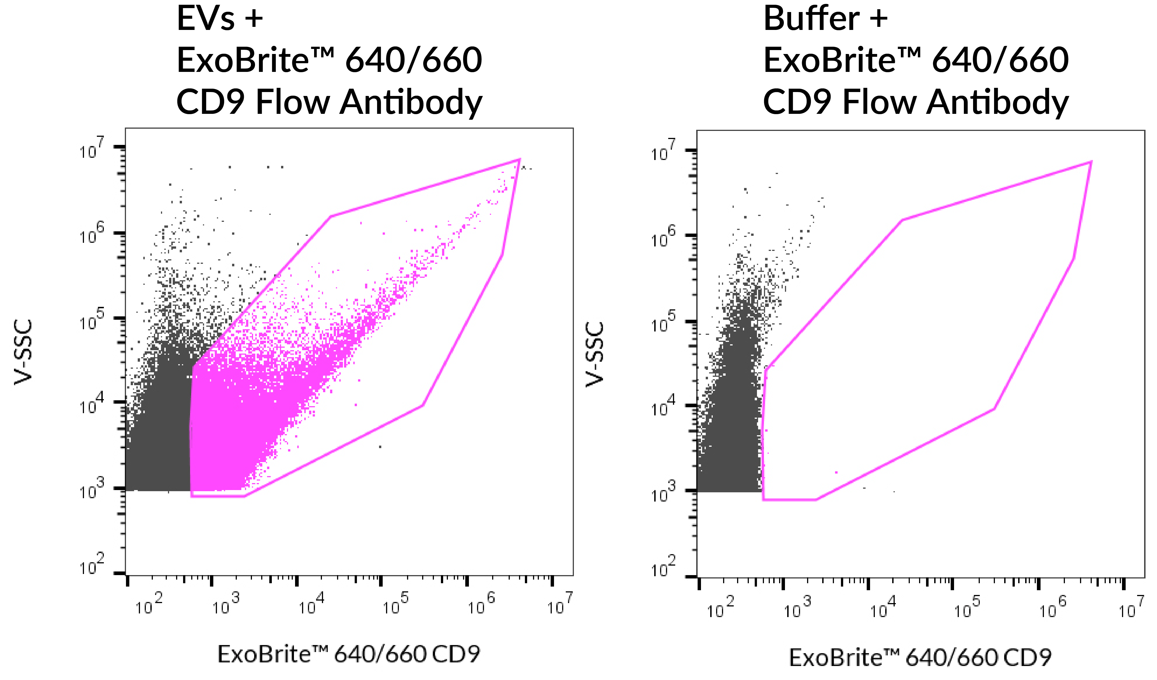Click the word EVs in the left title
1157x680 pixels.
coord(206,19)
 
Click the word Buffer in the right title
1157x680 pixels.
coord(811,19)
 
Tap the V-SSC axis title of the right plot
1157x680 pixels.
coord(595,354)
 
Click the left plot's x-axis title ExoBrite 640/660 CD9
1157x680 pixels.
coord(349,654)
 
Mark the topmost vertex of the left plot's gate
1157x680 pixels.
coord(519,160)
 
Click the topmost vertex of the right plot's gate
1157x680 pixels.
coord(1091,161)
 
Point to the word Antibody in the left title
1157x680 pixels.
coord(411,102)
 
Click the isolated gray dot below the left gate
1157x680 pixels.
coord(380,446)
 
